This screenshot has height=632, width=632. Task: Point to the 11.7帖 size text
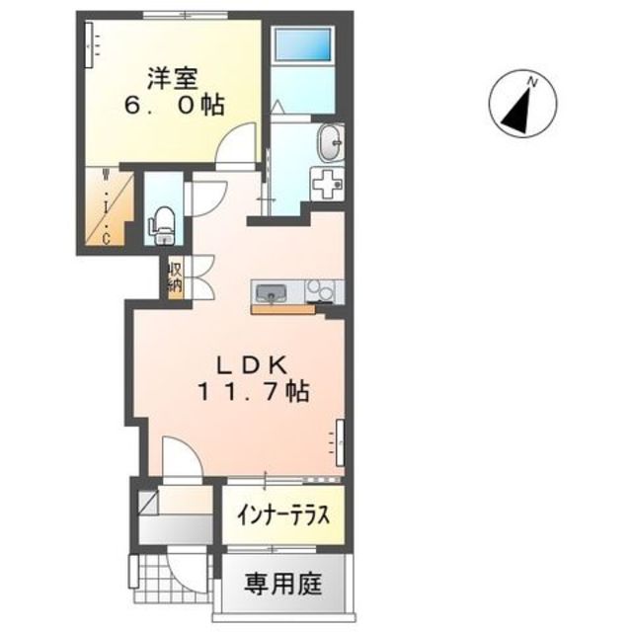coord(252,391)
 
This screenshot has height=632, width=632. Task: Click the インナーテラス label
coord(281,516)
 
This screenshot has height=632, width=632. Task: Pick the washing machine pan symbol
coord(326,183)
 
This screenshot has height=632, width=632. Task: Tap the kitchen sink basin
coord(271,292)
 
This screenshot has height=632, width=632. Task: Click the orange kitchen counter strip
coord(282,309)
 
